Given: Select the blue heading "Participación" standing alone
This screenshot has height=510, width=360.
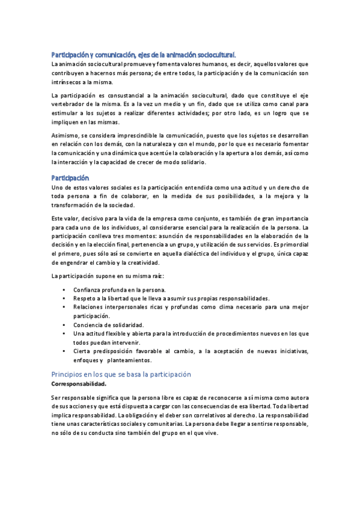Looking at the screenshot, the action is coord(70,178).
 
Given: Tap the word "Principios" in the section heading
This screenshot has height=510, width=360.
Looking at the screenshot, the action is coord(70,374).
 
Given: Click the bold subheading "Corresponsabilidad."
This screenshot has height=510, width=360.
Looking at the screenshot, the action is coord(79,384).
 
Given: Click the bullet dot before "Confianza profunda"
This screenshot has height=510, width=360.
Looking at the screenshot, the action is coord(64,290).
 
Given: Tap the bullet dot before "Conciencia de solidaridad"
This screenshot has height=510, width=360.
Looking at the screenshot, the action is coord(64,325).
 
